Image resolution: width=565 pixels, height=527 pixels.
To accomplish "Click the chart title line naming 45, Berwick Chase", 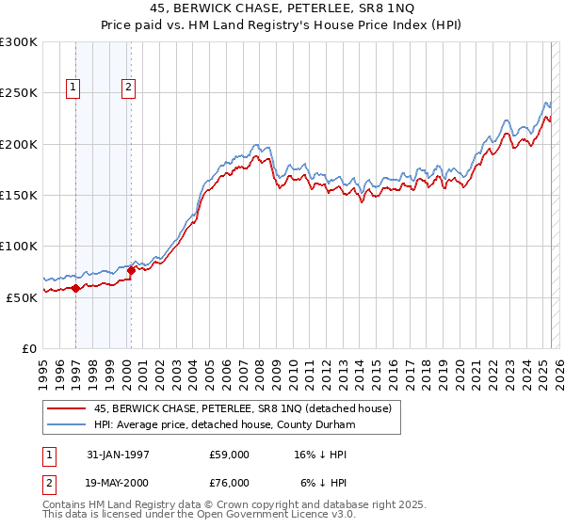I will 282,9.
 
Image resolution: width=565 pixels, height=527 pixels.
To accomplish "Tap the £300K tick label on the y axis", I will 19,42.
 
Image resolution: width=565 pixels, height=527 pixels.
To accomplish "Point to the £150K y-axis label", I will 19,195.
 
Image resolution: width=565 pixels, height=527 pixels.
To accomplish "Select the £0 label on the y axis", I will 29,348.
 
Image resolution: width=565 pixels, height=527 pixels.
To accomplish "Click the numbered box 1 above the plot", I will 73,88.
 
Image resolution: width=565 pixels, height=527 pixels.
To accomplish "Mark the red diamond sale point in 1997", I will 75,288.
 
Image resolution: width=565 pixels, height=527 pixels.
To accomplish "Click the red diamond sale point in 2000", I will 131,271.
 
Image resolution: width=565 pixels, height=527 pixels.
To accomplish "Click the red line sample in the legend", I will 66,408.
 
